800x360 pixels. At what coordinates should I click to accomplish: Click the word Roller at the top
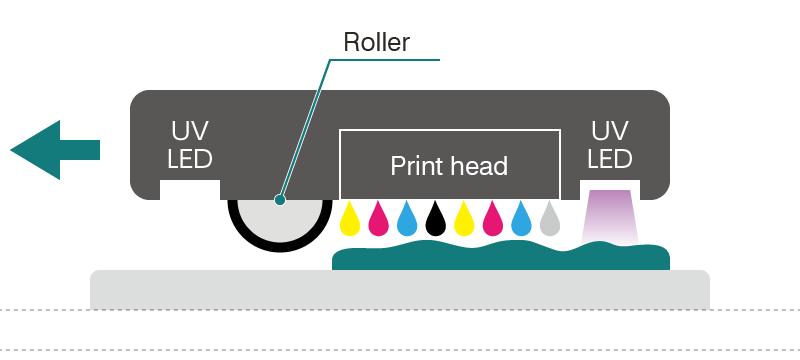376,42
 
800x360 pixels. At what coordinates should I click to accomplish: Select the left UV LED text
190,146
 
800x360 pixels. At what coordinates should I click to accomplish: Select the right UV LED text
609,145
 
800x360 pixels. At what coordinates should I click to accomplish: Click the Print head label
449,166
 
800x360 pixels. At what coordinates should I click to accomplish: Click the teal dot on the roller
280,200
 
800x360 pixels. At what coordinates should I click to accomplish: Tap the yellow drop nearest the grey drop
463,220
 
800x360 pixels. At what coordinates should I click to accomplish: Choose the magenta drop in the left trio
378,220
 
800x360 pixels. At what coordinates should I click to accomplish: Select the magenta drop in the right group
491,220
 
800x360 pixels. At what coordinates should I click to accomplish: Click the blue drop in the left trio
406,220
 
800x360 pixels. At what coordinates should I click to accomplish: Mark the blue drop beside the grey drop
519,220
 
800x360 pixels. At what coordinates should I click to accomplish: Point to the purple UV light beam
609,215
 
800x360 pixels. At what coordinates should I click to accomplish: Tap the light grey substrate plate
400,290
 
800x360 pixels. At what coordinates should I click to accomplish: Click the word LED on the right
609,159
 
